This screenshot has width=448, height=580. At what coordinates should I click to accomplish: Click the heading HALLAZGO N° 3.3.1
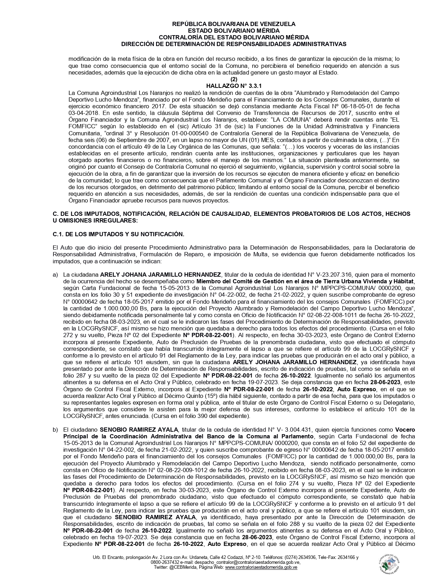[x=234, y=85]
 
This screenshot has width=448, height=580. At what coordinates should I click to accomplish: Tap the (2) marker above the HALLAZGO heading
[x=234, y=79]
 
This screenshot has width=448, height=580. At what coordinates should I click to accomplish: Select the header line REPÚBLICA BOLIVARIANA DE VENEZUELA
[x=234, y=24]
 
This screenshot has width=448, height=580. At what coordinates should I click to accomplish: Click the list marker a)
[x=56, y=275]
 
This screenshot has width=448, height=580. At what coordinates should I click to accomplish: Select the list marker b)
[x=56, y=430]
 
